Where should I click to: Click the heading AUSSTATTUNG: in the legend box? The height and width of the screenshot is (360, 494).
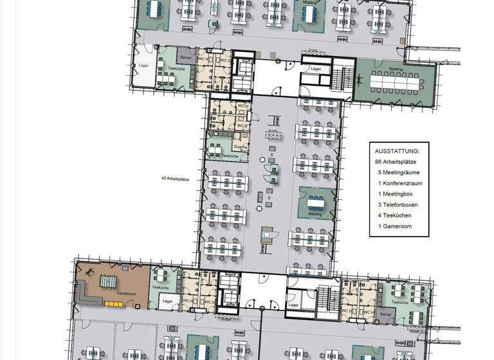coord(396,150)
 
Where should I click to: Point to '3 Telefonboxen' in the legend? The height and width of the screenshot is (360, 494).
coord(399,204)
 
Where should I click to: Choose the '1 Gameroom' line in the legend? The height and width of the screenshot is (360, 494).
coord(395,226)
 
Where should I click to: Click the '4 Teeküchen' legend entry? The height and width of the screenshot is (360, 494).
coord(395,215)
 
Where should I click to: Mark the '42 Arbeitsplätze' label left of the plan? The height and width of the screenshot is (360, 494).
coord(176,179)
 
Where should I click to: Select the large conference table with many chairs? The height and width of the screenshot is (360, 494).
coord(395,81)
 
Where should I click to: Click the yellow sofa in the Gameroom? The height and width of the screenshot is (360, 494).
coord(86,300)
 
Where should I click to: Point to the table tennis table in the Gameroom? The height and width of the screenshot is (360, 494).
coord(106,281)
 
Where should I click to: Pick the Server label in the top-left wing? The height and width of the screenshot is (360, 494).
coord(185,58)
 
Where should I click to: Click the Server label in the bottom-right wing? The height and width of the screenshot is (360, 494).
coord(386,314)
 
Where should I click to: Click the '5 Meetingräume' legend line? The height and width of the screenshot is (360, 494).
coord(398,172)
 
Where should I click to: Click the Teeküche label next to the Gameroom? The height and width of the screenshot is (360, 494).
coord(160,287)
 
